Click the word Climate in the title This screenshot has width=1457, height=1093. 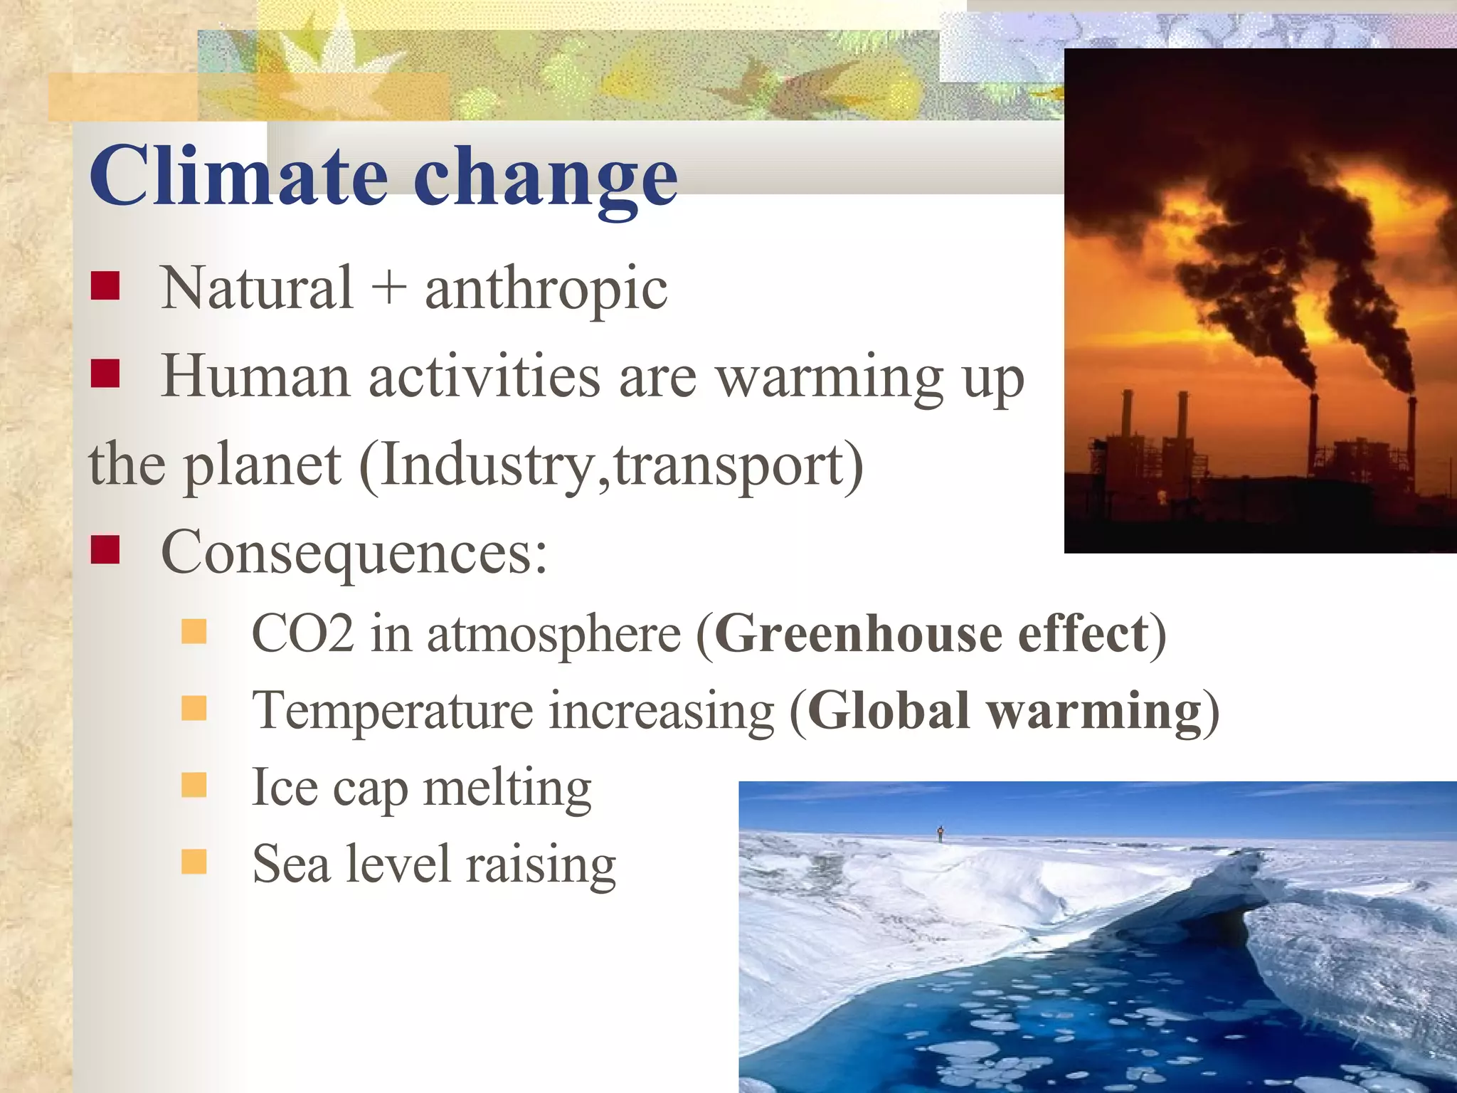pos(238,176)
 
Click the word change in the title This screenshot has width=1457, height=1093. pos(545,178)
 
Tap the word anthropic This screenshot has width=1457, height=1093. pos(546,289)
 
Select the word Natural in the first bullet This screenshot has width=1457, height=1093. pos(257,287)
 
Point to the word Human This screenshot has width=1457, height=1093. pos(255,376)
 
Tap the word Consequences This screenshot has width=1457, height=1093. pos(354,553)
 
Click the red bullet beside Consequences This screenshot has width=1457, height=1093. pos(105,549)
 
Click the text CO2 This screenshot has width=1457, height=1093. pos(302,633)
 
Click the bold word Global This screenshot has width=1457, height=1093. pos(889,710)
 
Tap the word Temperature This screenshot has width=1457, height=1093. pos(392,710)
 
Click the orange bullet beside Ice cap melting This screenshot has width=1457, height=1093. pos(194,785)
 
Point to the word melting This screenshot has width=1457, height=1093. pos(507,788)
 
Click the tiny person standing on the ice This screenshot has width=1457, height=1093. pos(941,833)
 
